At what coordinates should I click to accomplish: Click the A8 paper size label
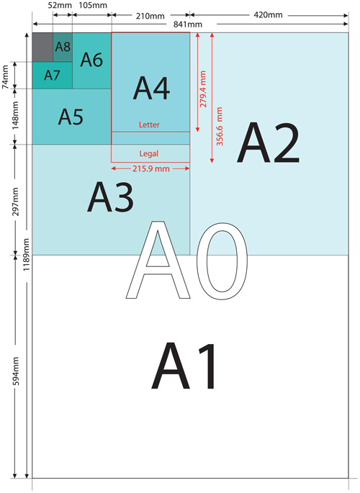coord(63,47)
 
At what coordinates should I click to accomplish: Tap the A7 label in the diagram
coord(52,76)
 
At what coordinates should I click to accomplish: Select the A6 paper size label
coord(91,60)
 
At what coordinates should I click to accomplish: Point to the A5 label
coord(71,117)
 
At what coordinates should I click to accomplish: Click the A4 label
coord(151,89)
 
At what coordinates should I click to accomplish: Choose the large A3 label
coord(110,197)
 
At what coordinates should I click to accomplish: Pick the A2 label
coord(268,143)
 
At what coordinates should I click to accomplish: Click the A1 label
coord(184,366)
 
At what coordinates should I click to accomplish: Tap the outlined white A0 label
coord(186,261)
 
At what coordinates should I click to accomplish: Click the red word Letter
coord(149,125)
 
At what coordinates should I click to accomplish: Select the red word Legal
coord(149,154)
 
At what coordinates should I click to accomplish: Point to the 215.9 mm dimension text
coord(151,169)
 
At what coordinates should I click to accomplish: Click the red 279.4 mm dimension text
coord(203,89)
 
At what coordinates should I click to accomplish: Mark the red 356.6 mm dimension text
coord(219,127)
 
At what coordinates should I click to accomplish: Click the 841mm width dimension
coord(188,24)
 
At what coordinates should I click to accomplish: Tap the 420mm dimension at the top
coord(268,15)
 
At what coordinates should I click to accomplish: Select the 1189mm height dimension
coord(26,255)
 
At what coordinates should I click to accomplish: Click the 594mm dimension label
coord(16,371)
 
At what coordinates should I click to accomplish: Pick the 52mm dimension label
coord(60,5)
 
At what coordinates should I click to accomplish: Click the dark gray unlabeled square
coord(42,48)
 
